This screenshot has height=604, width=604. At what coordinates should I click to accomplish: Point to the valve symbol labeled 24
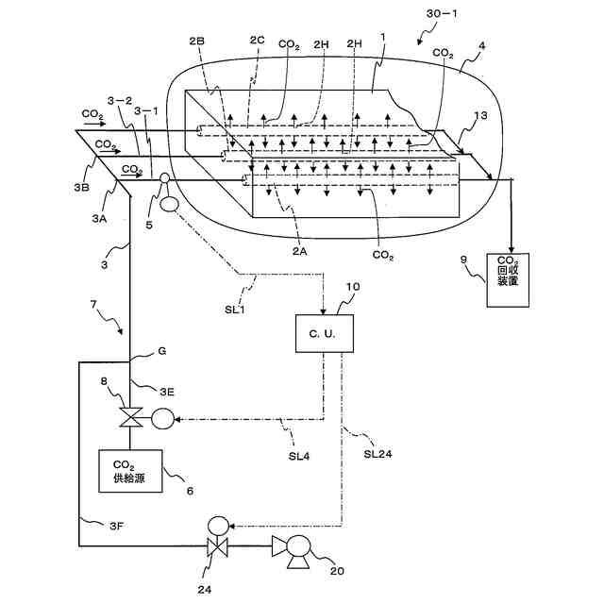click(x=218, y=546)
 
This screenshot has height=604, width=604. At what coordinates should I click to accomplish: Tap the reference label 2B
click(x=196, y=43)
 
